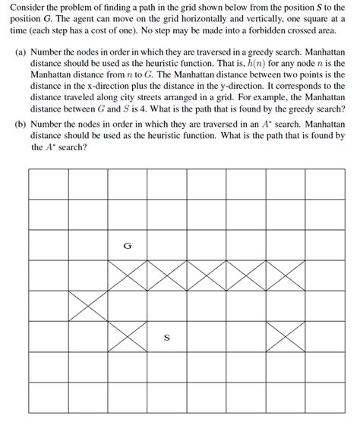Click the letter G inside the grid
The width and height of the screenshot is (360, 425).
(x=127, y=245)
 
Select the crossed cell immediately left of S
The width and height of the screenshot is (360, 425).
(x=127, y=337)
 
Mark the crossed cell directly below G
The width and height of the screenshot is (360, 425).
(x=127, y=275)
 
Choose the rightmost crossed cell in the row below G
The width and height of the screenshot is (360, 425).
(x=285, y=275)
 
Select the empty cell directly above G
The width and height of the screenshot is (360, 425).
(x=127, y=214)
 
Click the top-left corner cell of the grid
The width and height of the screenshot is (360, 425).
(x=48, y=184)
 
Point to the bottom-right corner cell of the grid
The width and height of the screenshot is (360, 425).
(x=324, y=398)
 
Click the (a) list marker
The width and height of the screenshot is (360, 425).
(x=22, y=54)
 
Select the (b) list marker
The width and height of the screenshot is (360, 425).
(x=22, y=124)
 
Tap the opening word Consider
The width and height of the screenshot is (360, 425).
(x=27, y=7)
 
